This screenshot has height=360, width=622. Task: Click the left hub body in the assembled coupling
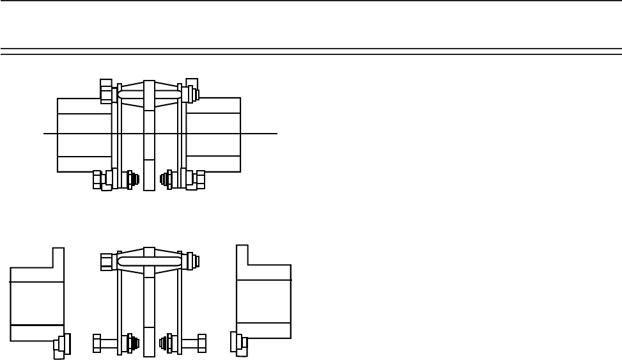tap(83, 134)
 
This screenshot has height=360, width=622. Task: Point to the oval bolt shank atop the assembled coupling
tap(150, 94)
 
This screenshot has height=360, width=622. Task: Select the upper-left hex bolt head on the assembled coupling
tap(106, 91)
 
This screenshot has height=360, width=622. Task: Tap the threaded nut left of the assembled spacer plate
tap(132, 179)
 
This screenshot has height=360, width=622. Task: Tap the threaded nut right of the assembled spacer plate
tap(167, 179)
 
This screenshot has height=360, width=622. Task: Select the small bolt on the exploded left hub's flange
tap(63, 344)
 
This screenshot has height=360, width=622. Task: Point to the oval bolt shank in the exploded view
tap(150, 261)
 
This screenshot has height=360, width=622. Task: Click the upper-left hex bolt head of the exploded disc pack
tap(107, 262)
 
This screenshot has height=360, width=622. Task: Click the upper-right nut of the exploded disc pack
tap(192, 261)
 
